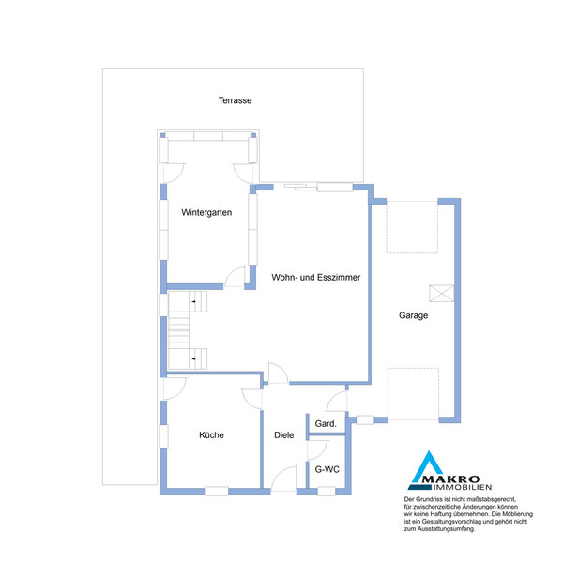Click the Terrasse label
[x=235, y=100]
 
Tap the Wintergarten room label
[x=206, y=213]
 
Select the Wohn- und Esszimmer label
[x=316, y=277]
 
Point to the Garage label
[x=413, y=315]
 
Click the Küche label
[x=211, y=435]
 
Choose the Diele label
[x=284, y=435]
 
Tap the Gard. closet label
[x=326, y=424]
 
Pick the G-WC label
[x=327, y=469]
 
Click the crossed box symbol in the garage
[x=441, y=294]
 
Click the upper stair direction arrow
[x=193, y=301]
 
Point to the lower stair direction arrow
[x=193, y=358]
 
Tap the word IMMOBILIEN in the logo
[x=463, y=487]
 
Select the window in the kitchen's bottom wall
[x=217, y=491]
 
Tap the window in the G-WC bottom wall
[x=327, y=491]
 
